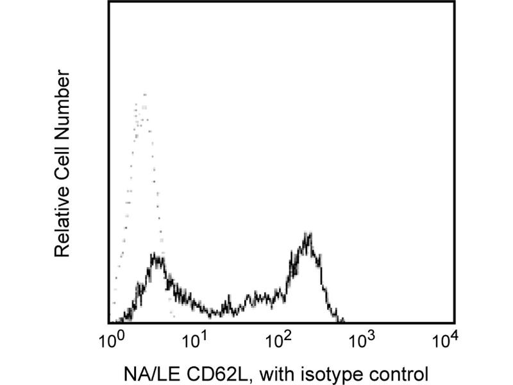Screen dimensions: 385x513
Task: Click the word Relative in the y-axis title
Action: pos(62,222)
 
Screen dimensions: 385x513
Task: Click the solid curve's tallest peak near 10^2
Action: pos(308,234)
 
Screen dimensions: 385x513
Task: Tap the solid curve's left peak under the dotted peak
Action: pos(155,256)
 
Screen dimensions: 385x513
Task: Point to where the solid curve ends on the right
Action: pos(344,321)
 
